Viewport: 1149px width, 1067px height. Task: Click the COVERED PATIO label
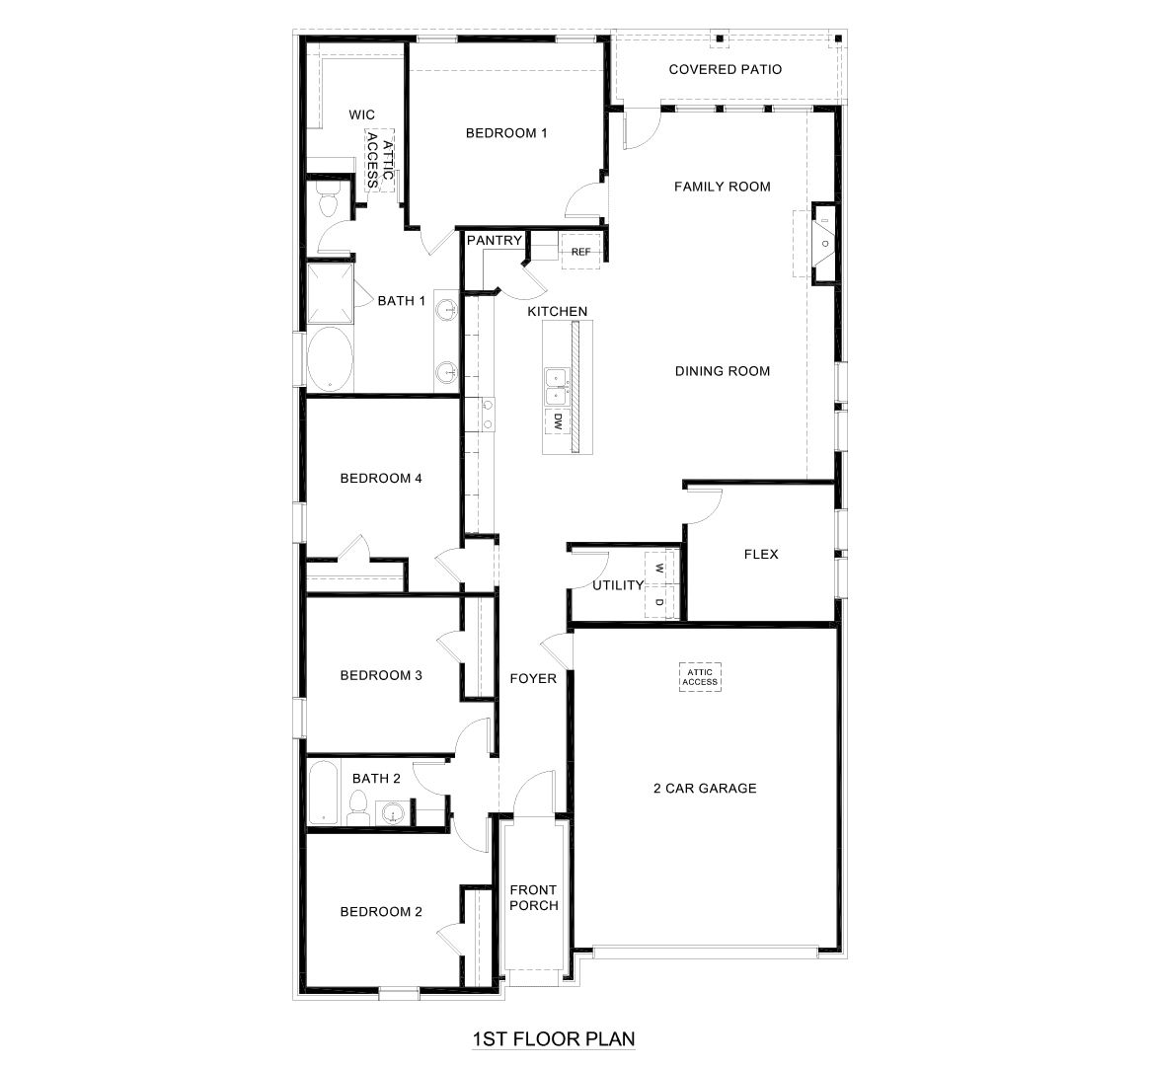click(725, 70)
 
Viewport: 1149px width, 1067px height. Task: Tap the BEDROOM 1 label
click(506, 132)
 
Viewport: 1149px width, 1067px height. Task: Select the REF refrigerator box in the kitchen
click(580, 252)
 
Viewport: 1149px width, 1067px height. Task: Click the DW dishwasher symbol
click(557, 422)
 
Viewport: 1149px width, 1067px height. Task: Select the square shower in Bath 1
click(330, 294)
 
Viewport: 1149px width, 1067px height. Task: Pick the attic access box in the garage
click(700, 677)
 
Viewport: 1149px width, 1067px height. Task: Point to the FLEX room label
click(760, 555)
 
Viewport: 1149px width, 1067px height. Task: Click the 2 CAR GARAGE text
click(705, 788)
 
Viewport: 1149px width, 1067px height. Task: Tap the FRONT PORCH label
click(533, 897)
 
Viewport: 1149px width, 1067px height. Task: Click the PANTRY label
click(494, 240)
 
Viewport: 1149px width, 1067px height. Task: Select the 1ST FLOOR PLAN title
click(553, 1038)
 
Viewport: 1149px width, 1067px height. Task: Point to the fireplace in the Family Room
click(822, 242)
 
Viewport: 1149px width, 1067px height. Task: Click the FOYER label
click(532, 679)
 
